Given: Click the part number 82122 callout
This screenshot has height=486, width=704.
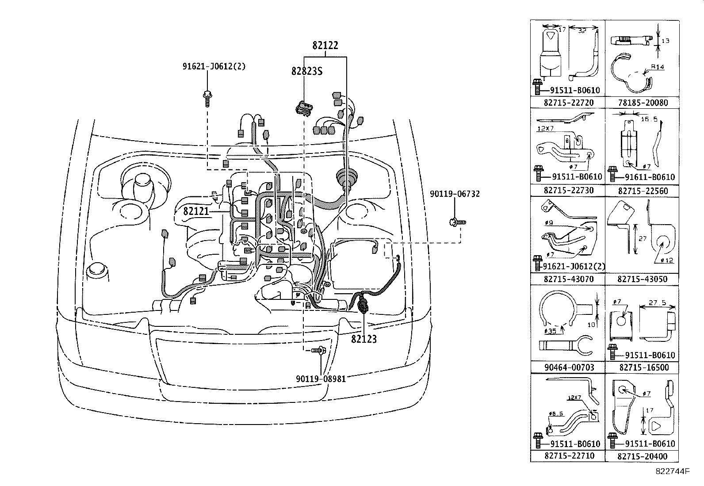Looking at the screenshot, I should (325, 46).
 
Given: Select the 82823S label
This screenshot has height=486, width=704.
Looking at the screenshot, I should (306, 71).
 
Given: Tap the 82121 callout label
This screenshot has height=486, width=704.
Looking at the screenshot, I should (196, 211).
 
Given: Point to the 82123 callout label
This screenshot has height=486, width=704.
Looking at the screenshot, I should (364, 339).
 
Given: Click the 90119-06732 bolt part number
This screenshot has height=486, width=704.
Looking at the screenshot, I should (455, 194).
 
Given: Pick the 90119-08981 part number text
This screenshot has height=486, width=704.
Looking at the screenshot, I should (321, 379).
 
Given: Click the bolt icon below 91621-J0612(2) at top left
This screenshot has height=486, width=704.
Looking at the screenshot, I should (207, 98).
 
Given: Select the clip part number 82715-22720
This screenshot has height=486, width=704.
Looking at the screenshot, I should (568, 103).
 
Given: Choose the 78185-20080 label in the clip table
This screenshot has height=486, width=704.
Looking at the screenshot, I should (643, 103).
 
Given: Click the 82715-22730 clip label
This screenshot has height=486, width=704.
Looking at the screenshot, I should (568, 191).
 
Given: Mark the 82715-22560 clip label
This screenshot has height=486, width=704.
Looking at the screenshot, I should (643, 191).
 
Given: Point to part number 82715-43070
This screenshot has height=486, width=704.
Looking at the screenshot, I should (568, 279).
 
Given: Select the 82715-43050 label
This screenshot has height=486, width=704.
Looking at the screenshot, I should (643, 279).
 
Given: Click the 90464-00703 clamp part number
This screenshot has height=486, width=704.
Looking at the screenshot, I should (568, 367).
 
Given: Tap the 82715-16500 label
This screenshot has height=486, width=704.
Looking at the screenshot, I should (643, 367).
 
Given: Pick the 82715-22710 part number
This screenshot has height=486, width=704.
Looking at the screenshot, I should (568, 455).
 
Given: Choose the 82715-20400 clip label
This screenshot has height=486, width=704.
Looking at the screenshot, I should (643, 456).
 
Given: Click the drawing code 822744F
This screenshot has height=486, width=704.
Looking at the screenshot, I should (672, 472).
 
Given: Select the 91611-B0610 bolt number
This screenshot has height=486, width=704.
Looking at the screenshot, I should (650, 177).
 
